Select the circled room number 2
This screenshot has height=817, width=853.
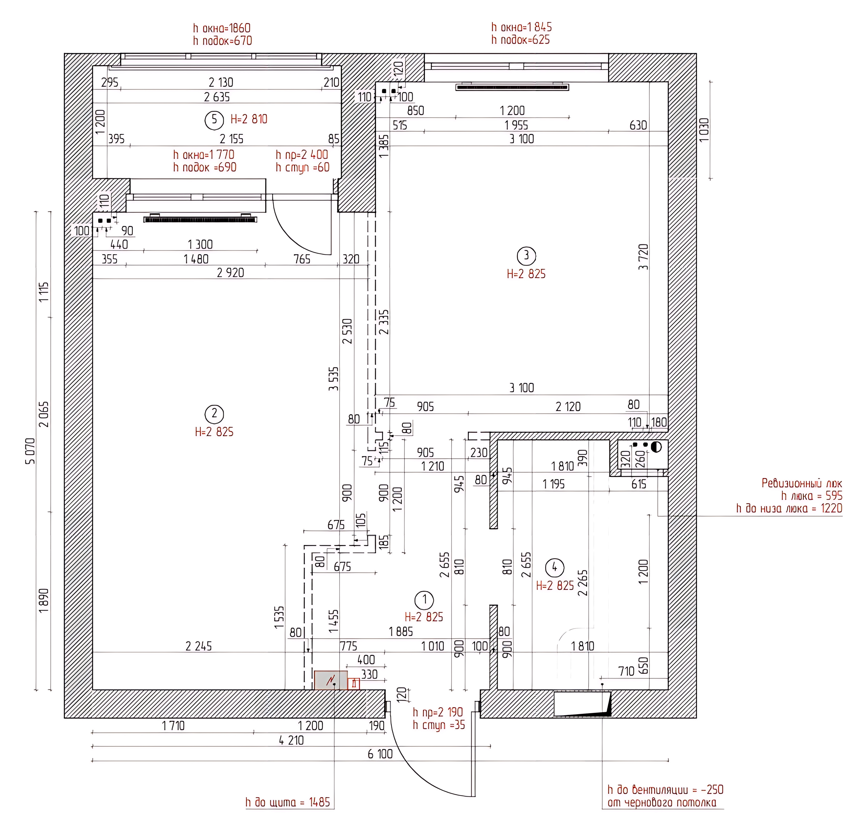click(x=214, y=414)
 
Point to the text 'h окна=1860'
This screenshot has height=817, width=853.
click(x=222, y=28)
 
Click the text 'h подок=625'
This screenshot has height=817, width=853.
click(x=521, y=40)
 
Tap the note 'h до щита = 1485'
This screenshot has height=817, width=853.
click(x=288, y=802)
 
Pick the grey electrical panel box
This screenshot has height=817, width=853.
click(x=331, y=680)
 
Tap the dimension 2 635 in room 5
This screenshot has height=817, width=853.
click(x=217, y=97)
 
